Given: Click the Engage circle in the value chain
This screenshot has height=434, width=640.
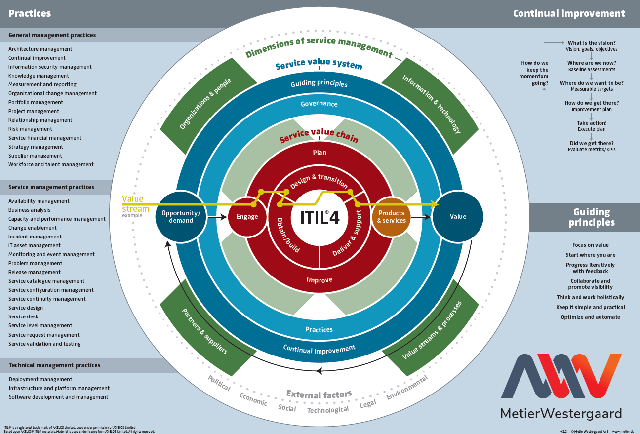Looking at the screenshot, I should click(247, 216).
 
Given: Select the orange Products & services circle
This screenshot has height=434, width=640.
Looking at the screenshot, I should click(391, 217).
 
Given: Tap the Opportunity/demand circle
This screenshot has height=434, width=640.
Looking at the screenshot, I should click(181, 217).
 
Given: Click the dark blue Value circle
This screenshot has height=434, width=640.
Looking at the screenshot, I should click(458, 216).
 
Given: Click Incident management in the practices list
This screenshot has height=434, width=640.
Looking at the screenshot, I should click(35, 237).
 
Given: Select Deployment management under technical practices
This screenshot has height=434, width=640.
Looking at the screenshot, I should click(40, 379).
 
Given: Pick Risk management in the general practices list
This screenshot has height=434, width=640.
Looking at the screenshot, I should click(30, 129).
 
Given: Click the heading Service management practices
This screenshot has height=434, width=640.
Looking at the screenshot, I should click(51, 187).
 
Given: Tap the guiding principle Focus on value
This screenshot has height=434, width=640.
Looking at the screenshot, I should click(590, 245).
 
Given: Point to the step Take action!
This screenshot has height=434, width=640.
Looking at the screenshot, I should click(592, 123).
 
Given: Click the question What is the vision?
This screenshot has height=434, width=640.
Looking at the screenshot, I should click(592, 43).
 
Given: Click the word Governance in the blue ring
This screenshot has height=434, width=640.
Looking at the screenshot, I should click(320, 104).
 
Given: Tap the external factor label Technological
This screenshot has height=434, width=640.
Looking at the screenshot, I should click(328, 410).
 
